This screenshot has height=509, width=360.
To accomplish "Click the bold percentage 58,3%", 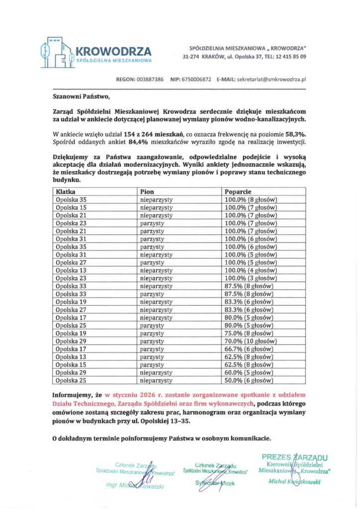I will coord(295,134).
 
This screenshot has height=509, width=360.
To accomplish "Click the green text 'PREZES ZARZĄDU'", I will coord(294,456).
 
